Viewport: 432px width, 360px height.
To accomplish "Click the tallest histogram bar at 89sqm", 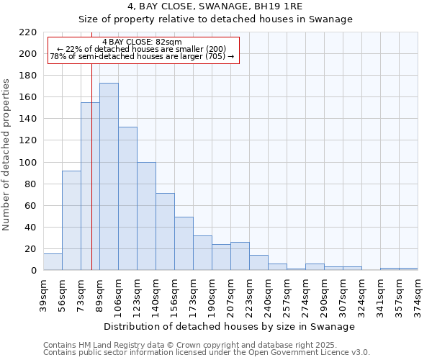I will point(109,176).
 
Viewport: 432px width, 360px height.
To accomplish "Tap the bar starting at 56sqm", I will point(71,220).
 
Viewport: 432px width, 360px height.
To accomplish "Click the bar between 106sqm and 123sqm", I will point(127,198).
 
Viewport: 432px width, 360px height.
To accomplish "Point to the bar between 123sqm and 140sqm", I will point(146,216).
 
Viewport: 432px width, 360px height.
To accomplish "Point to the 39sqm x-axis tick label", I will point(44,295).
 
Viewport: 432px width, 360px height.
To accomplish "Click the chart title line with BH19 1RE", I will point(215,6).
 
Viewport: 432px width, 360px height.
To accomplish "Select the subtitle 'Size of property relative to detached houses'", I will point(215,19).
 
